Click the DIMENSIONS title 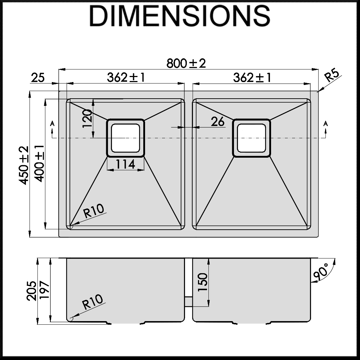[x=180, y=16]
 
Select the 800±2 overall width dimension [x=186, y=63]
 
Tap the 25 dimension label [x=38, y=77]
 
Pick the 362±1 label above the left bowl [x=126, y=77]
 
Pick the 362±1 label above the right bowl [x=252, y=77]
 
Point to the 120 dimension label [x=87, y=119]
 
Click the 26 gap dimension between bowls [x=218, y=122]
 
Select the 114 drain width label [x=126, y=164]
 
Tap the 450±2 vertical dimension [x=24, y=165]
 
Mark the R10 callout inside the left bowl [x=93, y=211]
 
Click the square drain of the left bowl [x=126, y=138]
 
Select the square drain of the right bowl [x=252, y=138]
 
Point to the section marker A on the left [x=53, y=123]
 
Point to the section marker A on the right [x=326, y=123]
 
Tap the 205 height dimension [x=32, y=290]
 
